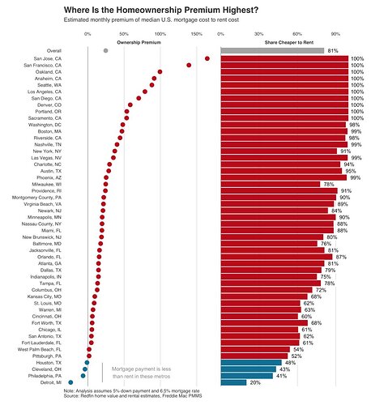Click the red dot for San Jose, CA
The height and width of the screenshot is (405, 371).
coord(207,58)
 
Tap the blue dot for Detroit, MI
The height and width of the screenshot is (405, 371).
coord(70,382)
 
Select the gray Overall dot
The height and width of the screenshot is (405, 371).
coord(105,51)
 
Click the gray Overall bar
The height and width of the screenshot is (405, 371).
coord(272,51)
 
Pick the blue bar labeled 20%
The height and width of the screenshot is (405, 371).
coord(233,382)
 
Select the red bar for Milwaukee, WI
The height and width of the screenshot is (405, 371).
coord(271,185)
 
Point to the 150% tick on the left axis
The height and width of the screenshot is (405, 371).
coord(196,34)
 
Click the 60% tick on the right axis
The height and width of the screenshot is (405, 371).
coord(297,34)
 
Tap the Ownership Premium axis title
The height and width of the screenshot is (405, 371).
coord(139,42)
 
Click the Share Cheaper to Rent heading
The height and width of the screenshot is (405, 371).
coord(289,42)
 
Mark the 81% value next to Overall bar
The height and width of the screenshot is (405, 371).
coord(333,51)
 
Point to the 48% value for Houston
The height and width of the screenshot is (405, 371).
coord(290,363)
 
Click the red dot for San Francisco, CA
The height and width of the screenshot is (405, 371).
coord(189,65)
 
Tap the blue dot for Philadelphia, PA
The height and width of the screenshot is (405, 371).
coord(83,376)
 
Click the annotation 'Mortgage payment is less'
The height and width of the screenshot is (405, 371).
coord(141,369)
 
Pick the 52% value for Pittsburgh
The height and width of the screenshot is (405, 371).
coord(296,356)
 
